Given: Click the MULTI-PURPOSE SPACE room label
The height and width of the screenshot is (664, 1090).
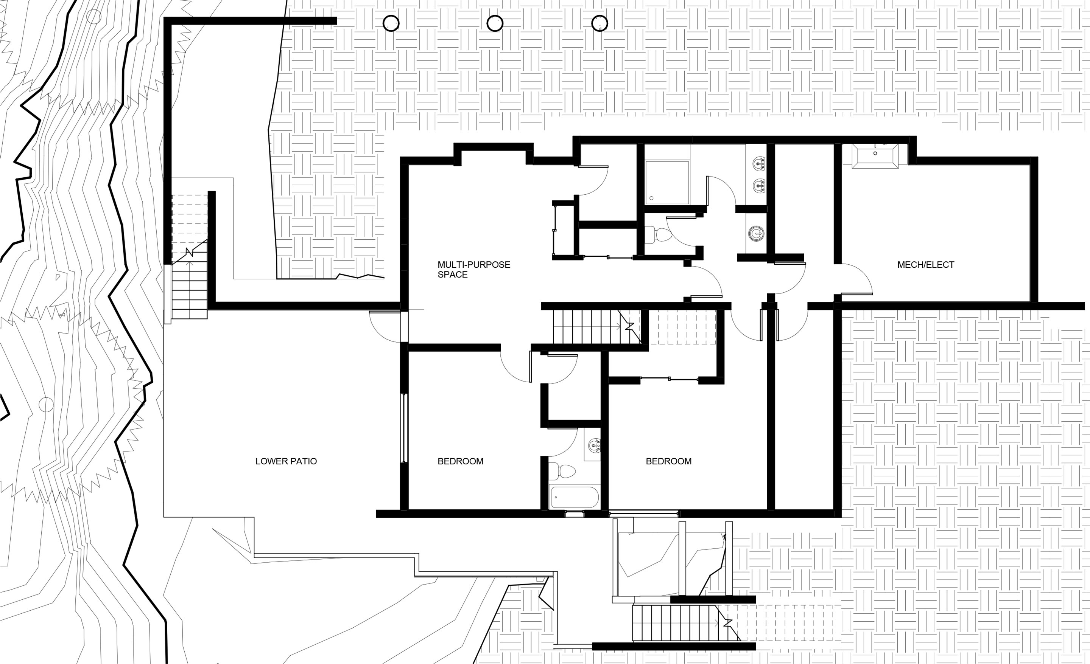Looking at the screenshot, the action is (x=474, y=269).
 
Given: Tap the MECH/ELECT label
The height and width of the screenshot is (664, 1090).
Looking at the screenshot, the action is (x=926, y=265).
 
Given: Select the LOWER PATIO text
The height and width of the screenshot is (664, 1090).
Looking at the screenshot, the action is (x=286, y=461).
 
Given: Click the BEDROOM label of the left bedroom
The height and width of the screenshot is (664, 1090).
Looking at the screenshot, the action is (x=461, y=461).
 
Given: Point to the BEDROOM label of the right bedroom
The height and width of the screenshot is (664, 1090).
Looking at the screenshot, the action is (x=668, y=461).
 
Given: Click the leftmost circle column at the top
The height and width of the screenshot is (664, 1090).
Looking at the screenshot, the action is (x=391, y=23).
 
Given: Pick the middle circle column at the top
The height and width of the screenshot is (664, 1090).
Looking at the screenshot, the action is (x=495, y=23).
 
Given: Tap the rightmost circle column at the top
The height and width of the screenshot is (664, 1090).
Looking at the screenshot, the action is (x=600, y=23).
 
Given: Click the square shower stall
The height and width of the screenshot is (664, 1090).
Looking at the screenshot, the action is (x=667, y=183).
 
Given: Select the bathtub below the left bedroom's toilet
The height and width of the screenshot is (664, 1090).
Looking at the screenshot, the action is (x=574, y=497).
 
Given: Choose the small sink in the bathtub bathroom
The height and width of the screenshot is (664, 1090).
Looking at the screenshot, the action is (x=594, y=445).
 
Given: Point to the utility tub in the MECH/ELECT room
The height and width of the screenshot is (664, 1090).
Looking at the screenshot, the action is (x=875, y=156).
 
